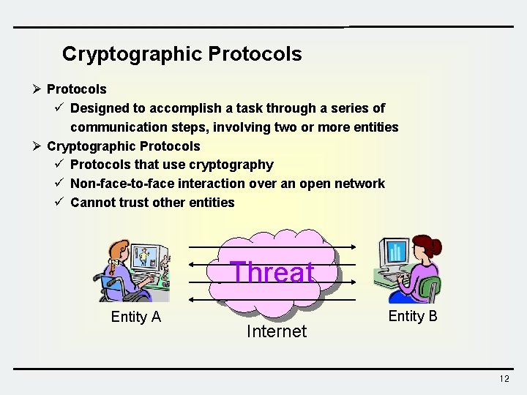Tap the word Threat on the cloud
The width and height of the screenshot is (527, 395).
coord(272,272)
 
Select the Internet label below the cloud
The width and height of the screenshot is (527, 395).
coord(277,331)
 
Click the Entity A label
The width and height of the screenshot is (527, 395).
coord(135,317)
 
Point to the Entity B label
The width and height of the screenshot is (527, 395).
coord(413,316)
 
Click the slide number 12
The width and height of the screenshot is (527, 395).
coord(504,379)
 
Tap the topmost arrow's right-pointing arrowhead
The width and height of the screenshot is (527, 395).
coord(353,247)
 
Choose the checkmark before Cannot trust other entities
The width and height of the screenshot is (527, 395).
coord(61,202)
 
